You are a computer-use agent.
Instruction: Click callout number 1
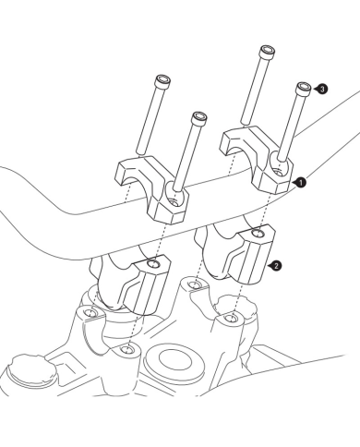coord(301,183)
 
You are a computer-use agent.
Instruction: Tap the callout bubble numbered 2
coord(276,266)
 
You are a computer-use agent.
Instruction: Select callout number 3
coord(322,89)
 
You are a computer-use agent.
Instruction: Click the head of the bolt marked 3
coord(303,88)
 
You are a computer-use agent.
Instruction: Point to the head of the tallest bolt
coord(267,52)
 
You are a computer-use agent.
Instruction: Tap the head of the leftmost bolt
coord(163,81)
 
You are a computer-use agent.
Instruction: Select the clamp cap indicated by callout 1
coord(257,159)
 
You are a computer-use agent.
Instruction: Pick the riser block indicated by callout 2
coord(236,251)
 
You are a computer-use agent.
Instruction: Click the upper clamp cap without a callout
coord(151,188)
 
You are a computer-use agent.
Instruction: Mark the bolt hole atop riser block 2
coord(258,234)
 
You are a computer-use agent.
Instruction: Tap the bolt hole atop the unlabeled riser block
coord(153,264)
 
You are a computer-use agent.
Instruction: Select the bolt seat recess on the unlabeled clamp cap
coord(175,196)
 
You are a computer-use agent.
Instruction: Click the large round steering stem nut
coord(174,361)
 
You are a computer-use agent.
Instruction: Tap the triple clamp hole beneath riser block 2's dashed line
coord(230,318)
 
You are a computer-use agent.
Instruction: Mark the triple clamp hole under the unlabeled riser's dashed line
coord(126,349)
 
